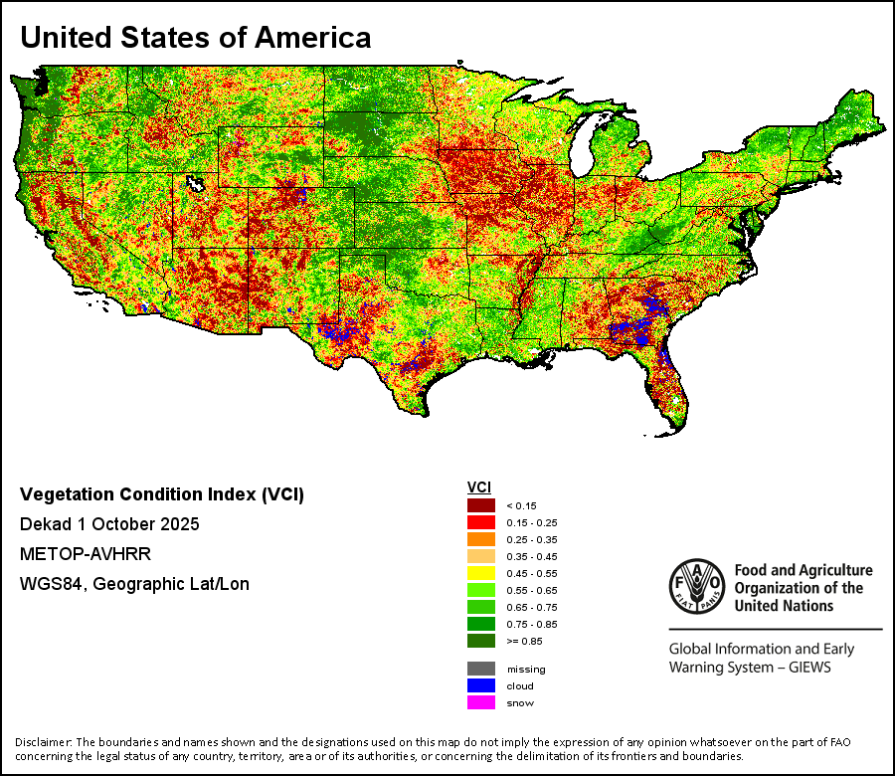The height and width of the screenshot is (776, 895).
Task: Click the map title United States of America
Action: [x=196, y=38]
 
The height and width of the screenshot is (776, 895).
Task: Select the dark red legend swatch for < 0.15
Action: [x=481, y=505]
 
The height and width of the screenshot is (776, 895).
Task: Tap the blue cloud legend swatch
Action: [x=481, y=685]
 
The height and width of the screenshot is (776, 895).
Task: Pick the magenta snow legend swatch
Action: [x=481, y=702]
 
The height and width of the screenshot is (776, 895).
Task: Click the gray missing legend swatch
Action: [x=481, y=669]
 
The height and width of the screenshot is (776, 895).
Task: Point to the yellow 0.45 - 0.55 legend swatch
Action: [x=481, y=573]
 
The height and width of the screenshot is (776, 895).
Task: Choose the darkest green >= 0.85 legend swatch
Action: [x=481, y=641]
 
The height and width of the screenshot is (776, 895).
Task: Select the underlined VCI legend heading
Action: [x=478, y=486]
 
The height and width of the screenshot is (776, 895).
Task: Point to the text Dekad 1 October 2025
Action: [x=109, y=524]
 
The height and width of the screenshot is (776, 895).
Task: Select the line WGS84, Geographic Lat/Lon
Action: [x=134, y=584]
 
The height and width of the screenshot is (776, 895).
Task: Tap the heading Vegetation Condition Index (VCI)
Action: [x=162, y=494]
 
